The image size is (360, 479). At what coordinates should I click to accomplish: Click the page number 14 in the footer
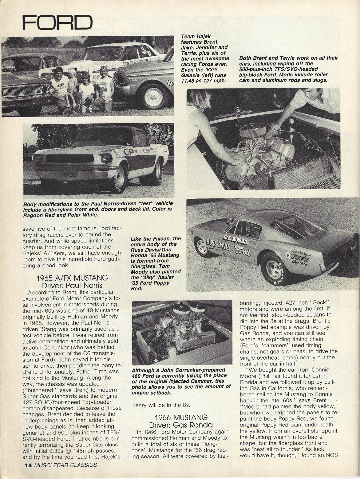(28, 465)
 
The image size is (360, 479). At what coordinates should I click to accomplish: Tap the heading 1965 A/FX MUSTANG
(72, 278)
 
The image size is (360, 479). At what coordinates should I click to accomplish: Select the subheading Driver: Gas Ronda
(181, 425)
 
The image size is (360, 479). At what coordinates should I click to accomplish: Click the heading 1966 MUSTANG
(181, 417)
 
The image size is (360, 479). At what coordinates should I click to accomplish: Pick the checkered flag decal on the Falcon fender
(169, 82)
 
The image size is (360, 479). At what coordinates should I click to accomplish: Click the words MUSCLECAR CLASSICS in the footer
(65, 465)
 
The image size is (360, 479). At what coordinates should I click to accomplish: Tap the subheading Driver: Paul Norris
(72, 285)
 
